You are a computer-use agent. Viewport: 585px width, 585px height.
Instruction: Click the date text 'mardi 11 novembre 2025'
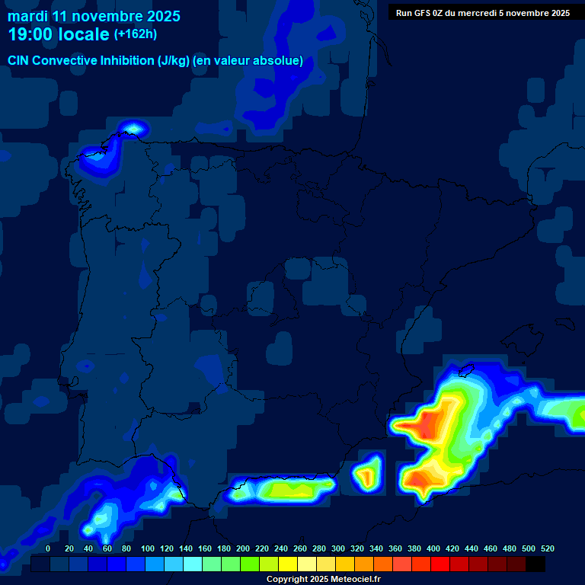[94, 16]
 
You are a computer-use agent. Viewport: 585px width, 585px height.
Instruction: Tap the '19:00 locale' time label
[59, 35]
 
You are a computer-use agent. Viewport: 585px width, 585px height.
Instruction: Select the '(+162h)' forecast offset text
[136, 34]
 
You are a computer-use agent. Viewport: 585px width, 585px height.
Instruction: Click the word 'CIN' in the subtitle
[18, 61]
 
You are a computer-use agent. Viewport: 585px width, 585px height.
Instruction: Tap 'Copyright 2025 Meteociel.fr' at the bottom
[323, 580]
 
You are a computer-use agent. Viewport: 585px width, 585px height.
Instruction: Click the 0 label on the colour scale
[48, 548]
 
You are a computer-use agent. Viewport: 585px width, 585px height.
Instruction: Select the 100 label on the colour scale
[148, 548]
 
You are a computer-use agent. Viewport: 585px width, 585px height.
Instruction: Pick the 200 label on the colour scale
[243, 548]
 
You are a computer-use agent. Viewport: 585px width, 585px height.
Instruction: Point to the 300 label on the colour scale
[338, 548]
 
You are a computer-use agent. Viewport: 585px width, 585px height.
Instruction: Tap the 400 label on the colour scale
[433, 548]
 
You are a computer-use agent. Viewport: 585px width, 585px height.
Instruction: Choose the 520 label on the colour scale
[547, 548]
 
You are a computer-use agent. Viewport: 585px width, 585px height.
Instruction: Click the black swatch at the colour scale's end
[535, 564]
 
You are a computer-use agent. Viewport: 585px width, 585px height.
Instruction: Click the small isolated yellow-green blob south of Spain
[369, 474]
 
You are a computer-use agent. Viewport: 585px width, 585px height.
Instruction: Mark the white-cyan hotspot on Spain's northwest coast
[134, 127]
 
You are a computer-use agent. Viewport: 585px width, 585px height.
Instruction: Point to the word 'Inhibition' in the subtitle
[126, 61]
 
